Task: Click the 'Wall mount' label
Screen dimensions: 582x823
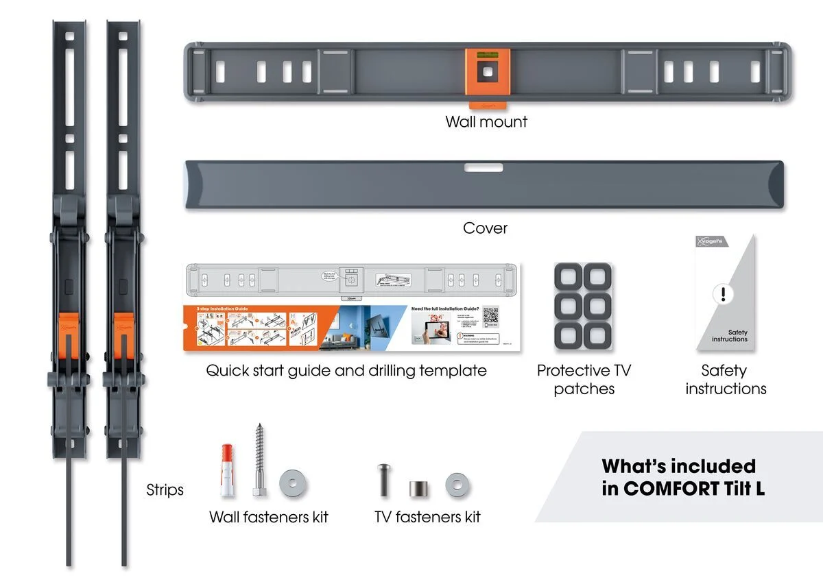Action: coord(486,122)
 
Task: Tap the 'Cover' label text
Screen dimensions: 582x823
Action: coord(485,228)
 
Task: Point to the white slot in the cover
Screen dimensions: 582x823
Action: coord(484,167)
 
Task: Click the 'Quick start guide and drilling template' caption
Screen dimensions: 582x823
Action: coord(346,371)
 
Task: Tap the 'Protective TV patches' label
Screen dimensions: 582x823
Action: coord(584,380)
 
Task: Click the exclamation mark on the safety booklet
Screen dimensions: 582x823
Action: coord(723,294)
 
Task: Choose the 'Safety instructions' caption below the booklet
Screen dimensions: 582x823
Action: coord(725,380)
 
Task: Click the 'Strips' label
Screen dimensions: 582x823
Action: coord(165,490)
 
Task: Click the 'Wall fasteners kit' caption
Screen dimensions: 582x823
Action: coord(269,517)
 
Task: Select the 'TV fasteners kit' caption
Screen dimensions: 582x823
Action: coord(427,517)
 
